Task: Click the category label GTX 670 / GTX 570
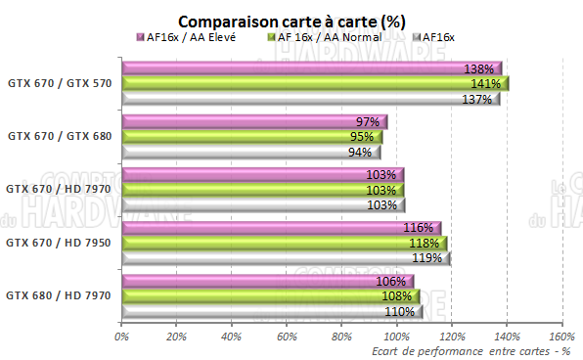tap(59, 84)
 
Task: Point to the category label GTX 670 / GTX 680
tap(59, 137)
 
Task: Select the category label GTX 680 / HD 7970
tap(59, 294)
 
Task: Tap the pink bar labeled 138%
tap(311, 68)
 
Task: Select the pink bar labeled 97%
tap(254, 121)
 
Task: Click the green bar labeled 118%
tap(283, 243)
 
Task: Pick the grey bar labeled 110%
tap(272, 311)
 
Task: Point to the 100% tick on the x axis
tap(396, 337)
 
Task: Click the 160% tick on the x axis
tap(561, 337)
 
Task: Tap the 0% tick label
tap(122, 337)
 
